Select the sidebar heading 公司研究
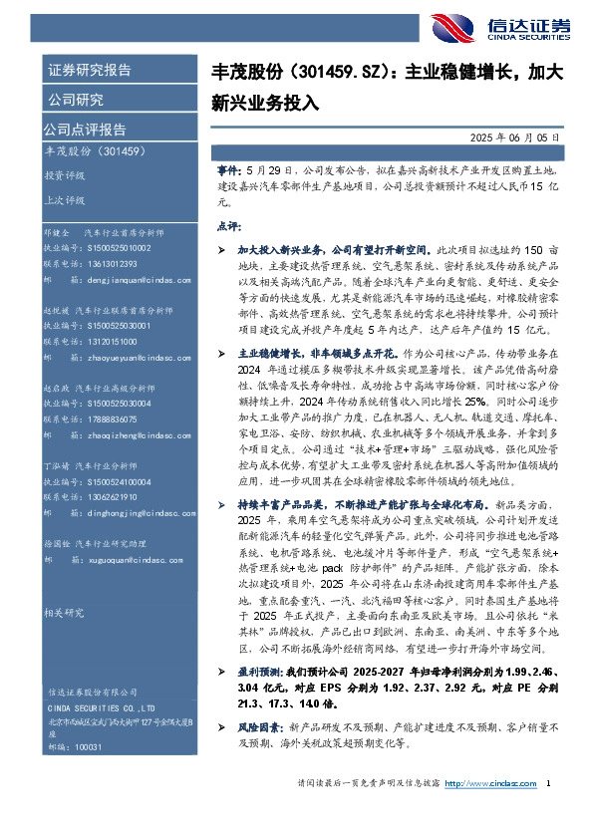[x=75, y=100]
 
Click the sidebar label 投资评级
[x=63, y=173]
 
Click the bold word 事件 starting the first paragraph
[x=228, y=171]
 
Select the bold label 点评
[x=228, y=227]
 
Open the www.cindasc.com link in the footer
[x=489, y=812]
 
